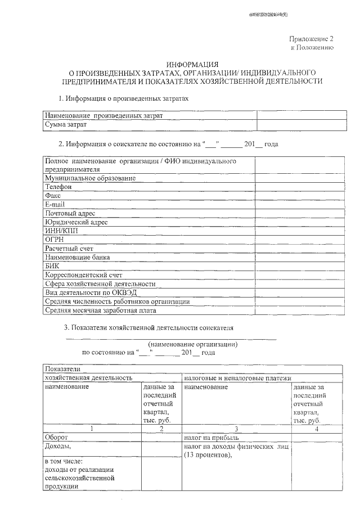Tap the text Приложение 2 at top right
pos(311,39)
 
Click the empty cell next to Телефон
pos(300,187)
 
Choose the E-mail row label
pos(56,204)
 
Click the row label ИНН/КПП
pos(60,231)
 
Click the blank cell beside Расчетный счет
pos(300,248)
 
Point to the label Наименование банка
pos(78,257)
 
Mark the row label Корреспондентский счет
pos(83,275)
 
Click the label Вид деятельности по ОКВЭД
pos(90,292)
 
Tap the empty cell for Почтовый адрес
pos(300,213)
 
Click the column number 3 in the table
pos(236,429)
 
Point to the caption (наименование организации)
pos(192,344)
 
